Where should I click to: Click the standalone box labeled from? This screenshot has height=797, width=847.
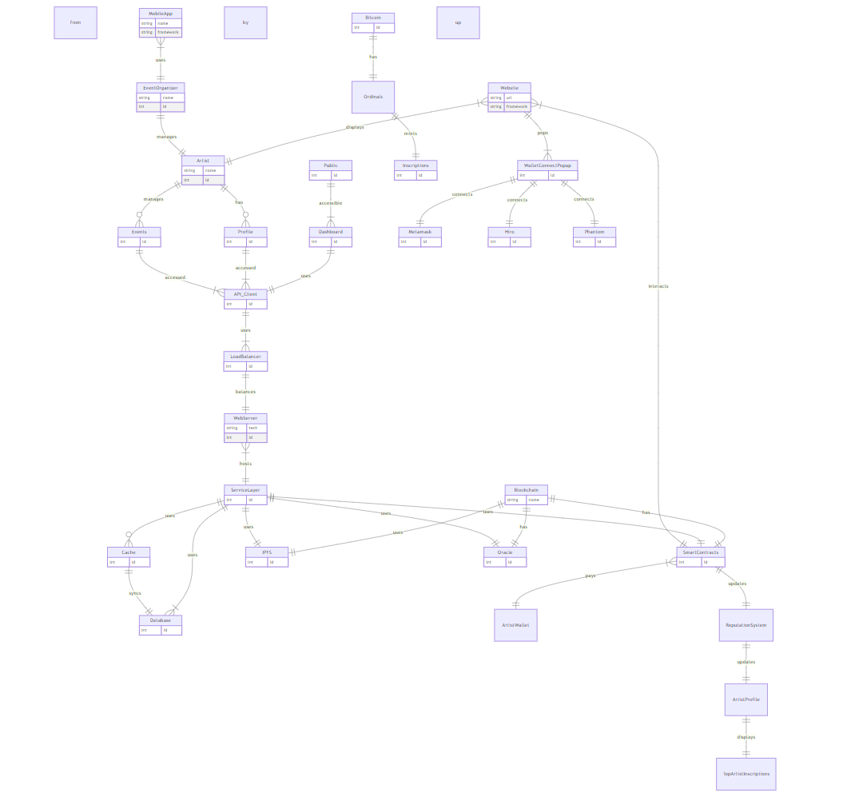[75, 22]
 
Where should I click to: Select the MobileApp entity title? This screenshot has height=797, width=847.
[161, 14]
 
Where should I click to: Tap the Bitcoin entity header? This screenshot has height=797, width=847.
[373, 17]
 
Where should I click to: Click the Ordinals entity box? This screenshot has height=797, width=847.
[373, 97]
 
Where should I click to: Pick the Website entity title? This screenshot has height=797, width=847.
[509, 87]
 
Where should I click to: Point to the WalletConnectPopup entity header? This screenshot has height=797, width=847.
[547, 165]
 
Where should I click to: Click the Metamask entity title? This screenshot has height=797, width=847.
[420, 232]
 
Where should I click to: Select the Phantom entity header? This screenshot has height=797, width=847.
[594, 232]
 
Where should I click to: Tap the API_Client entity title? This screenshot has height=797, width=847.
[245, 294]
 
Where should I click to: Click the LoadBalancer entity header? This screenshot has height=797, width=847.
[245, 357]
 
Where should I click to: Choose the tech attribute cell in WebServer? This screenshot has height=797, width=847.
[256, 428]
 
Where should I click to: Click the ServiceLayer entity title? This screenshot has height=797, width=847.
[245, 489]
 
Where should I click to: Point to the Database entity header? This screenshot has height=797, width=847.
[161, 620]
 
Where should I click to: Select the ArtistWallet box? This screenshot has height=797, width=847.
[515, 625]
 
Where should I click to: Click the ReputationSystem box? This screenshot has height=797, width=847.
[746, 625]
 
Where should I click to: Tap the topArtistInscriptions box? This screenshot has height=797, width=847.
[746, 774]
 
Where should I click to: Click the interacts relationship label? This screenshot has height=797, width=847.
[658, 286]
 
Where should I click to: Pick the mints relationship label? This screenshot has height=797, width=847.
[410, 133]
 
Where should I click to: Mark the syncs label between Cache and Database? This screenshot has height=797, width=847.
[135, 593]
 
